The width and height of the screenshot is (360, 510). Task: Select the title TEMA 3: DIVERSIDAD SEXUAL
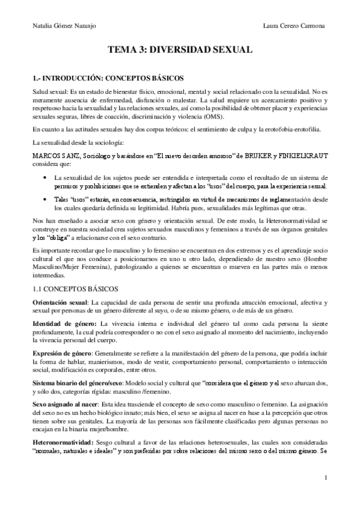pyautogui.click(x=180, y=51)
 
